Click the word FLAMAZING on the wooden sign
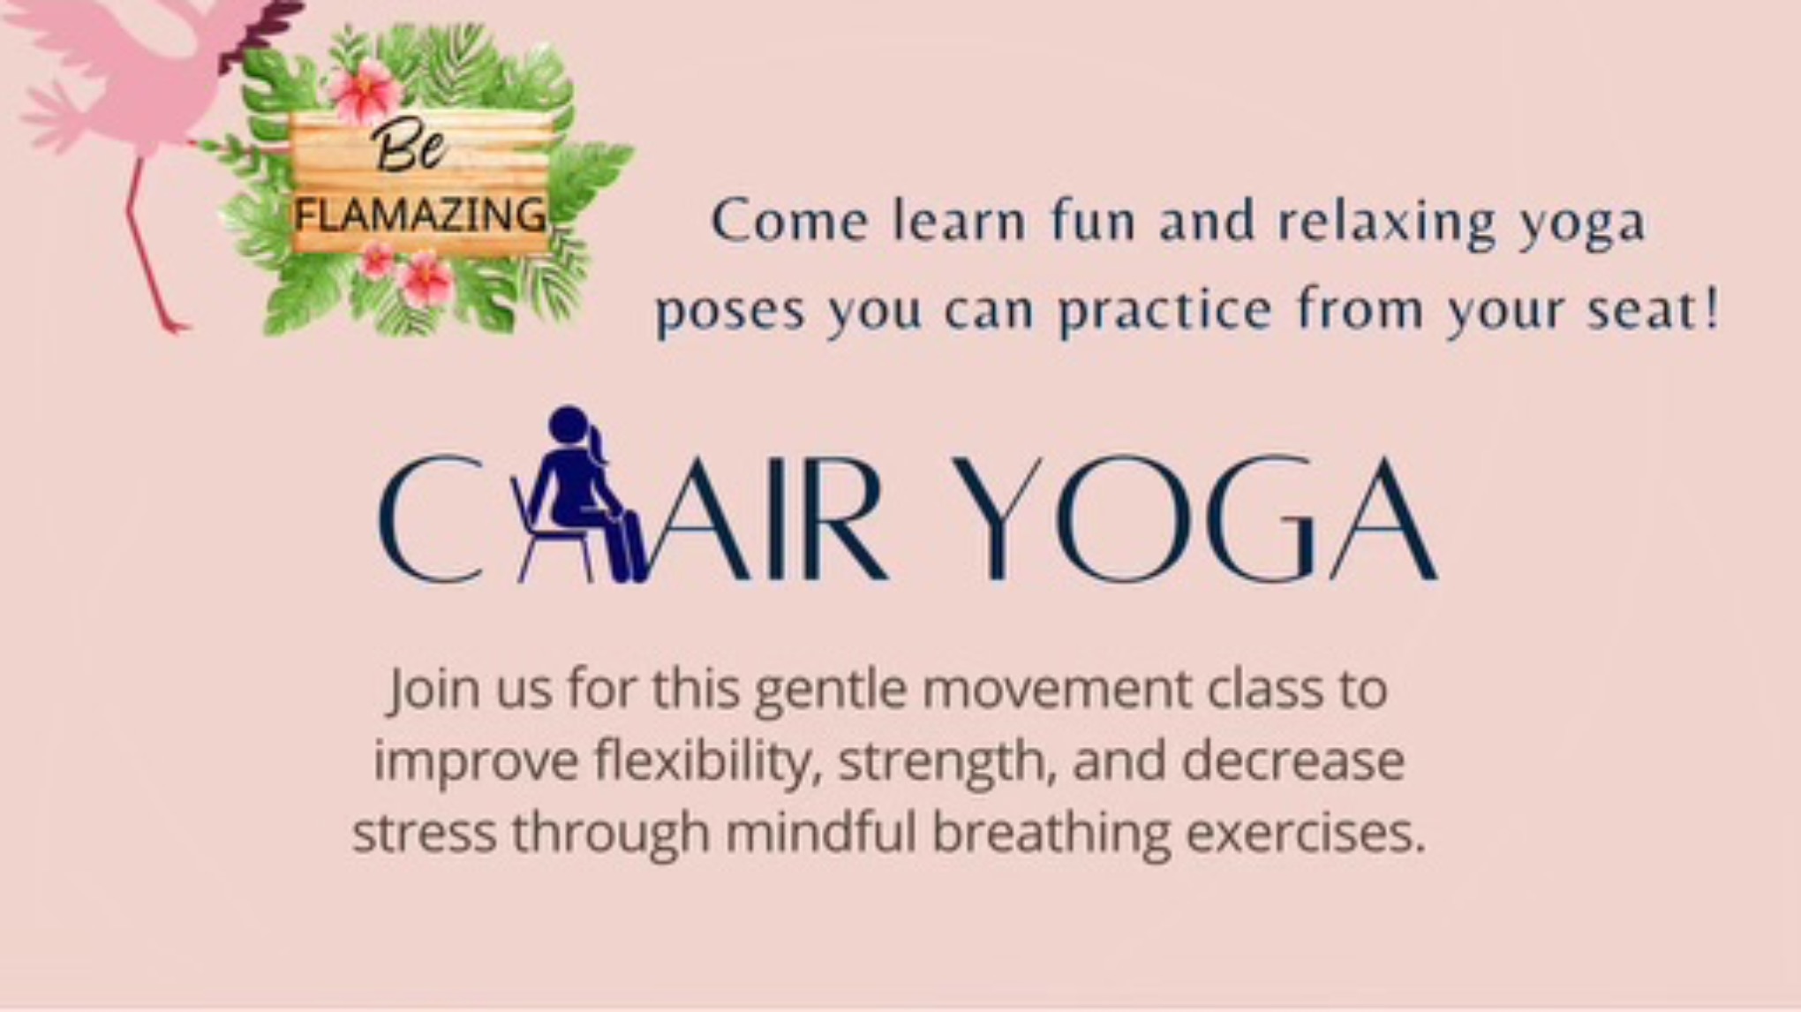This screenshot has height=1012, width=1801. [x=420, y=215]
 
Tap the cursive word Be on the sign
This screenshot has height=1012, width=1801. [x=408, y=147]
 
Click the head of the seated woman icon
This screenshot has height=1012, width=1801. [x=569, y=425]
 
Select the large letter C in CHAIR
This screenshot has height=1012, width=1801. [x=431, y=519]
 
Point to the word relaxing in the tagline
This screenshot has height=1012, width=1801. [x=1387, y=222]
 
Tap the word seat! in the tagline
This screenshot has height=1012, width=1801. [x=1653, y=310]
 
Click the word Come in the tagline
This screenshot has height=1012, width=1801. [x=790, y=221]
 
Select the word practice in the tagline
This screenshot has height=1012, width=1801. [x=1165, y=312]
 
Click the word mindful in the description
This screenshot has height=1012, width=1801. [x=820, y=832]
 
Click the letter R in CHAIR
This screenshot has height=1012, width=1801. [x=838, y=519]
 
